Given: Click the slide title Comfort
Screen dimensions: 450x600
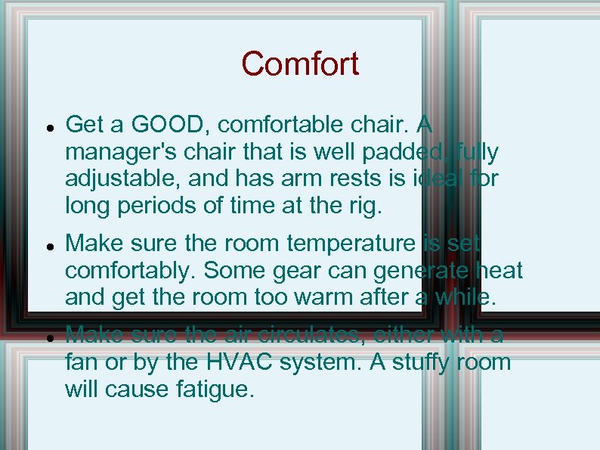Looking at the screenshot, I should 300,64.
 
